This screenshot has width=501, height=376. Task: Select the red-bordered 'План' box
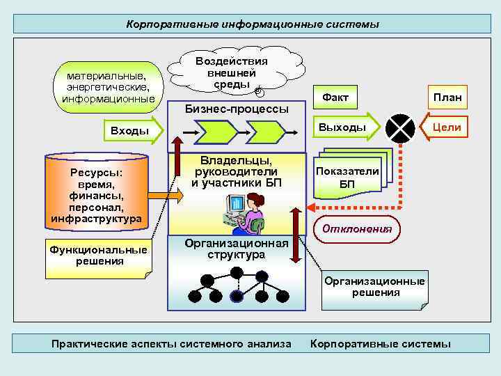[447, 97]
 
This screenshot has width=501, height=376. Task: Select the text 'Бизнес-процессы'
[236, 110]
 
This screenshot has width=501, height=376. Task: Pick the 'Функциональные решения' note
[96, 256]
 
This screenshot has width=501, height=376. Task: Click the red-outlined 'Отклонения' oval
[358, 228]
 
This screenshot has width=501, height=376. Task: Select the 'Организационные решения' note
[374, 287]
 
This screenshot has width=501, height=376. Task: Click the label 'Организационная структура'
[236, 249]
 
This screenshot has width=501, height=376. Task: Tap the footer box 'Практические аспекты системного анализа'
[172, 344]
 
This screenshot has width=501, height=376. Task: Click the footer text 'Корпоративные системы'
[381, 344]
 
